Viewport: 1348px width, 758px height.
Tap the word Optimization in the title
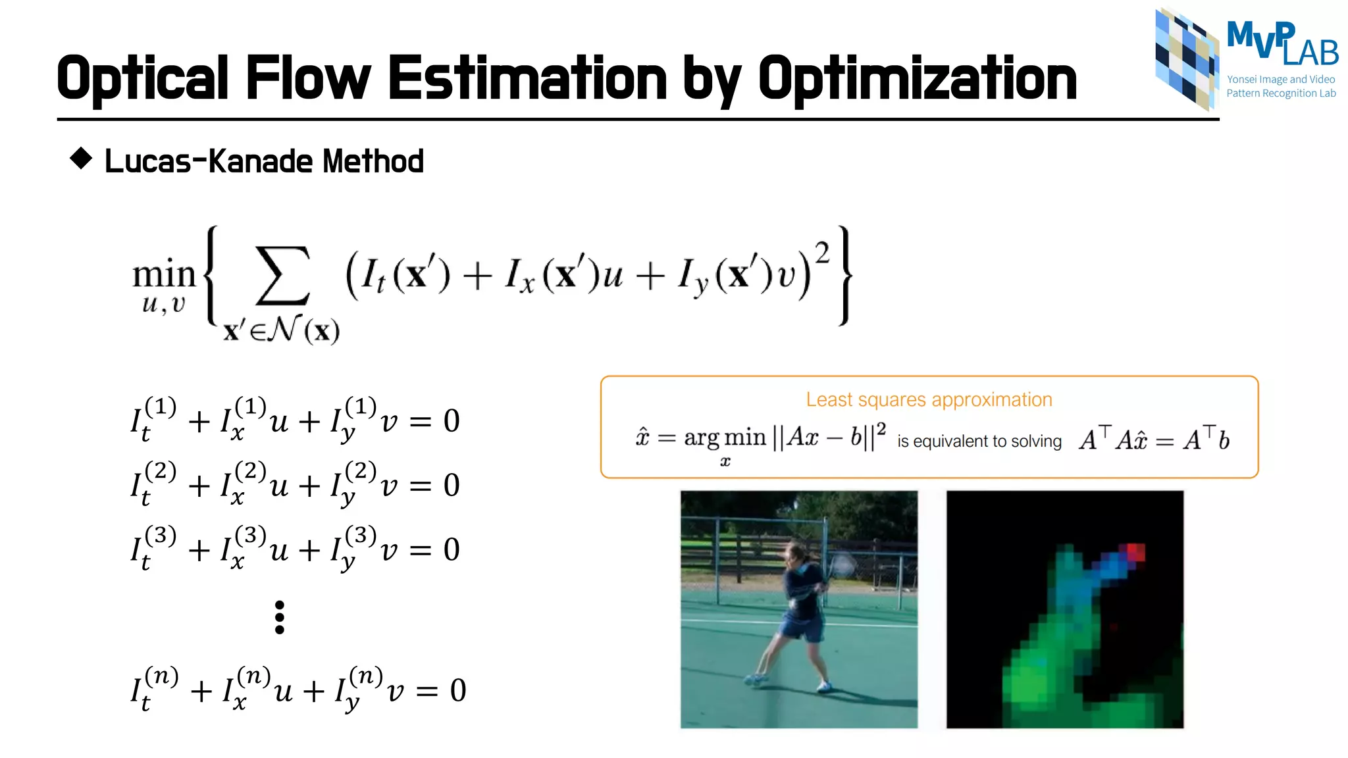(x=917, y=79)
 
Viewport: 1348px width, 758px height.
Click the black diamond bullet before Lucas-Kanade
(x=81, y=158)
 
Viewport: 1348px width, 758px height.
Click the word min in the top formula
(x=164, y=274)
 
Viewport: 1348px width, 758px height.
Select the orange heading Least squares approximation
(x=929, y=399)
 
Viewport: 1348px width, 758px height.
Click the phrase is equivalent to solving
(x=979, y=441)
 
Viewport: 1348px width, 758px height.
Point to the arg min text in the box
(x=725, y=438)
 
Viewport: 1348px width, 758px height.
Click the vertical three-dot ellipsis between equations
(x=280, y=617)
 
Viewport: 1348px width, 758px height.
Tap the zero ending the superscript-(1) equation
(x=452, y=421)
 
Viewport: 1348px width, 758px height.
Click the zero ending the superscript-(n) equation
(x=457, y=691)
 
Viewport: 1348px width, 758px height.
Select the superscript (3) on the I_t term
(x=161, y=535)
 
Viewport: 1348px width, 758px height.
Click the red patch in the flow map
(x=1136, y=551)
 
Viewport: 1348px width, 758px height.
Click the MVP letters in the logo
(x=1260, y=37)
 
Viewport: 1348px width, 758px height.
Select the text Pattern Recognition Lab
(x=1281, y=93)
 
